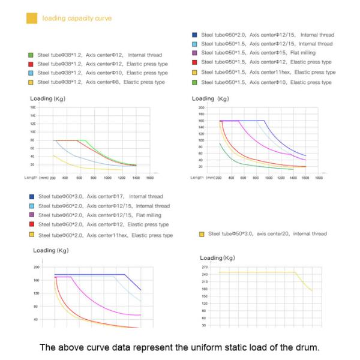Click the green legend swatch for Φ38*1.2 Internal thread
click(x=31, y=54)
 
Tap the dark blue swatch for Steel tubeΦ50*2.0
click(x=194, y=35)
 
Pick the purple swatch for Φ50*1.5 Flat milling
click(x=194, y=53)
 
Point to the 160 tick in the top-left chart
click(x=32, y=107)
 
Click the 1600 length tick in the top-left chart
click(x=151, y=178)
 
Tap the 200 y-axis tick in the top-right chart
click(x=202, y=108)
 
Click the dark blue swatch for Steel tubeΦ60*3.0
click(x=31, y=196)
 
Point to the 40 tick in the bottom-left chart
click(x=36, y=320)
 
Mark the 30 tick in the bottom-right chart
click(x=204, y=325)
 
